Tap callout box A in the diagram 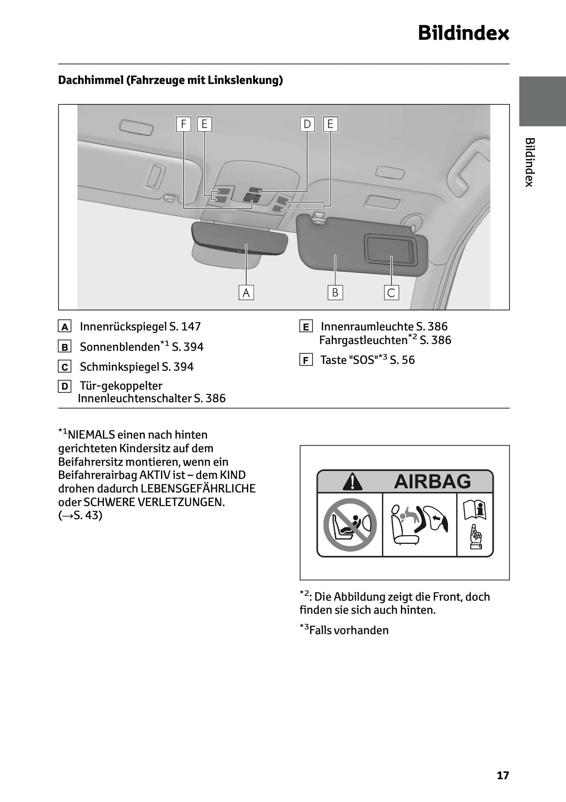click(x=246, y=293)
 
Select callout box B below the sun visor click(x=335, y=293)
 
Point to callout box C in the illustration click(x=391, y=293)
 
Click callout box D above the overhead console click(x=307, y=124)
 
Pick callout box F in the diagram click(x=183, y=124)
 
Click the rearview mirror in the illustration click(x=240, y=239)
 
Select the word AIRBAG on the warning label click(x=432, y=481)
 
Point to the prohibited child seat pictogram click(x=350, y=524)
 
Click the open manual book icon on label click(x=475, y=511)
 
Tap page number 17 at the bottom click(x=503, y=775)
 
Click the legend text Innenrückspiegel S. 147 click(x=140, y=327)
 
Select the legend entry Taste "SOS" click(x=367, y=360)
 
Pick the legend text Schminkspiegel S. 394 click(x=137, y=367)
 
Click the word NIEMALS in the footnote click(x=92, y=435)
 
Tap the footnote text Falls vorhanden click(x=348, y=630)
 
